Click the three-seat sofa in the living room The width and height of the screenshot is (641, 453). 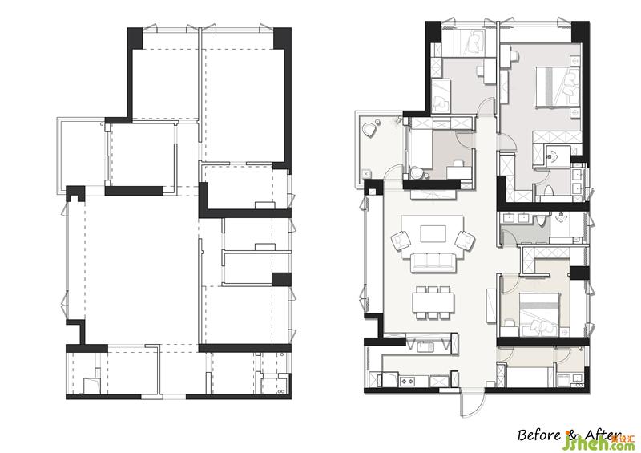(433, 262)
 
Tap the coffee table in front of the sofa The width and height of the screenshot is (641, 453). (433, 234)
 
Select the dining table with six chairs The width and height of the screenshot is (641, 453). (433, 302)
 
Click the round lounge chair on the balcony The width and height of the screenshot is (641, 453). (371, 129)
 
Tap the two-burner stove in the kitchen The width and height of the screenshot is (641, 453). (407, 382)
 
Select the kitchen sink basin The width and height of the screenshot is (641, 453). (425, 347)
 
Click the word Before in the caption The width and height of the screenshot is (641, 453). (538, 435)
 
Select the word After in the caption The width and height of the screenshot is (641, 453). (600, 435)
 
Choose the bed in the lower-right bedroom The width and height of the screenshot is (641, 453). (539, 313)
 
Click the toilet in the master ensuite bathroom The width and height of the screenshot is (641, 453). (547, 191)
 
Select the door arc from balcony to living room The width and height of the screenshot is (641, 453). (392, 171)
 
